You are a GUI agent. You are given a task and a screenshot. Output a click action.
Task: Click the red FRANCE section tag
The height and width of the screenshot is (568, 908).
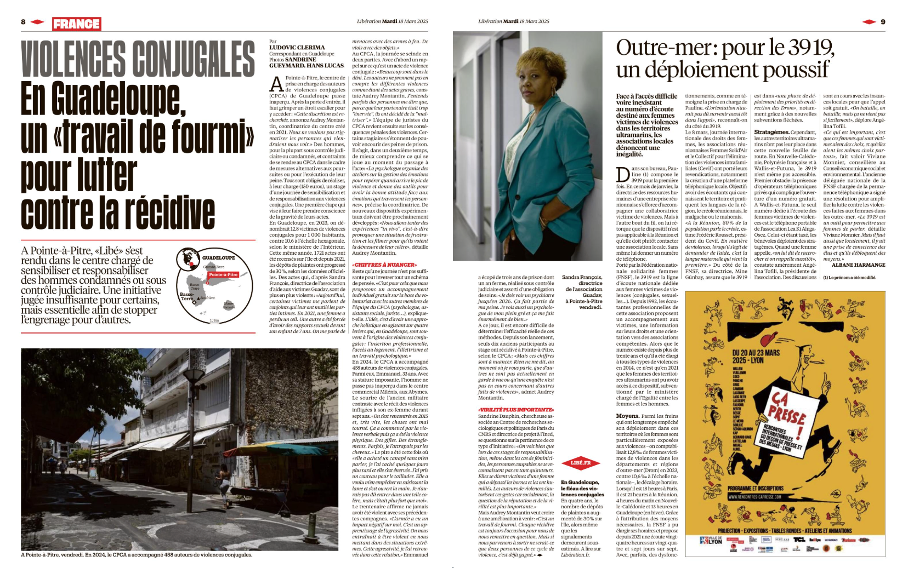77,24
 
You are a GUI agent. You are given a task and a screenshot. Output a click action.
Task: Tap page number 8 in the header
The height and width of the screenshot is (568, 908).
23,22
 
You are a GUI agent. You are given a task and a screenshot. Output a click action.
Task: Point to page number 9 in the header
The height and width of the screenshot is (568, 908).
883,22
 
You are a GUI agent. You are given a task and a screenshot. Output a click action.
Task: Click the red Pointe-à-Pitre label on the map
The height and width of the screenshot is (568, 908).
223,274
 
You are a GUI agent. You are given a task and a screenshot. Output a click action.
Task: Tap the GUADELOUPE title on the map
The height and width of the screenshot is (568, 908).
218,257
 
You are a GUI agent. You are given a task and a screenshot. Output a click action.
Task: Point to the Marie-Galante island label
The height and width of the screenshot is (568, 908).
229,305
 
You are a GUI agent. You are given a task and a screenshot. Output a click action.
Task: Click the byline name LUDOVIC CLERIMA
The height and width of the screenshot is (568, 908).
297,48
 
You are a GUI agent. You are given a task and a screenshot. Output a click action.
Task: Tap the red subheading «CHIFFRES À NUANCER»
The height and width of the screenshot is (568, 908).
384,265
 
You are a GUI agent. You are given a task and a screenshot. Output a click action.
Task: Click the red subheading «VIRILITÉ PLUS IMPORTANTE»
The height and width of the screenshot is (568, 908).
516,409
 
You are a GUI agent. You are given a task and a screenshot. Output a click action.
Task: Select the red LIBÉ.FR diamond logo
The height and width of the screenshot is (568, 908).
581,463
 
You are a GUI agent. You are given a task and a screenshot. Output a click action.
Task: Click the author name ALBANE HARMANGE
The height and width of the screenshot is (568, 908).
858,265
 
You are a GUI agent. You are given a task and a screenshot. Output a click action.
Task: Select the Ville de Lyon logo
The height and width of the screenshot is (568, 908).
711,541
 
